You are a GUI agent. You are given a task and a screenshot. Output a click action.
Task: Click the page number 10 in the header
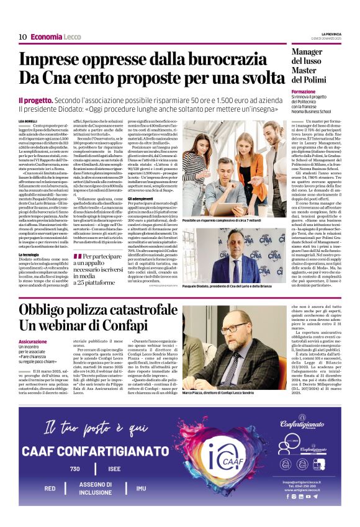(x=22, y=37)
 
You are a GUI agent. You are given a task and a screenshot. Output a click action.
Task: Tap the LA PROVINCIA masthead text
(x=332, y=34)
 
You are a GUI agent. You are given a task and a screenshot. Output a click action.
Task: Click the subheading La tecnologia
(x=29, y=254)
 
